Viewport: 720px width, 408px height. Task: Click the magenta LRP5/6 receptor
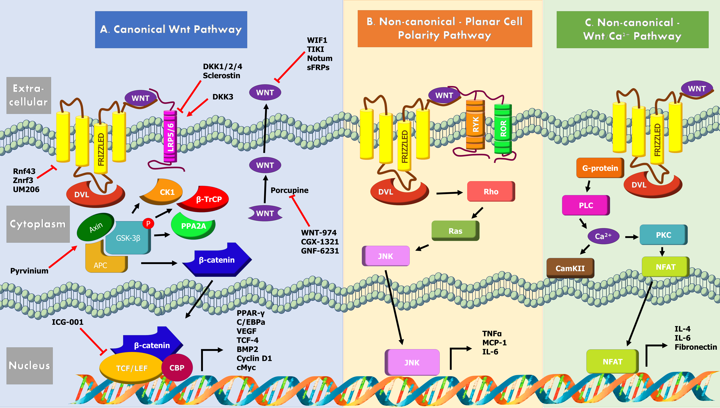pos(170,136)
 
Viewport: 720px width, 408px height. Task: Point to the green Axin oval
pos(96,227)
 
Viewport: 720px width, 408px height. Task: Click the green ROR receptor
pos(503,129)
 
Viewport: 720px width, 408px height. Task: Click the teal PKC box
pos(663,235)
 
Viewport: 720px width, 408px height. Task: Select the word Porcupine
pos(289,190)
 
